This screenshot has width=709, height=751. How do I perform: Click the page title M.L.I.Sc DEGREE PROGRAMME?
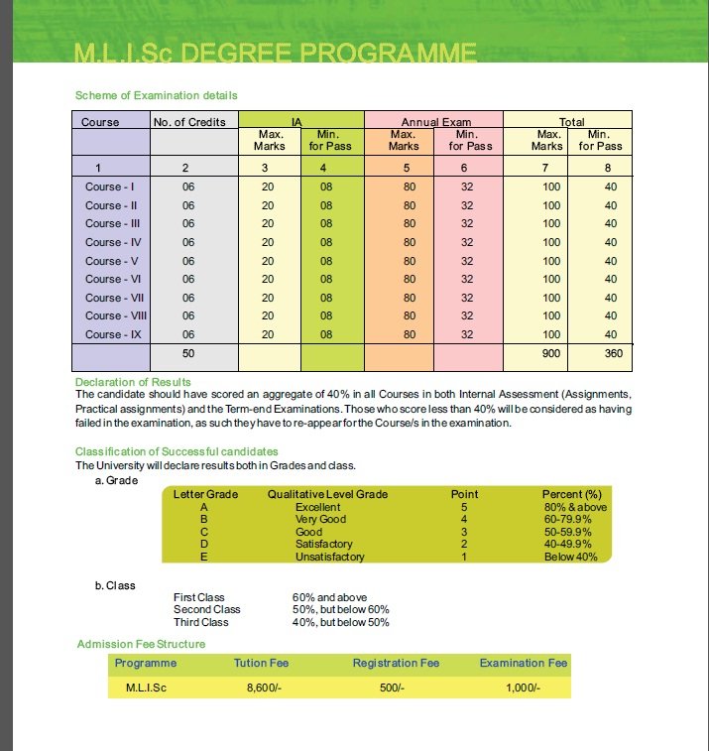click(x=275, y=53)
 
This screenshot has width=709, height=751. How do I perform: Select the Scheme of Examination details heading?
click(x=156, y=96)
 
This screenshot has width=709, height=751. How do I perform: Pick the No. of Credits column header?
click(x=189, y=122)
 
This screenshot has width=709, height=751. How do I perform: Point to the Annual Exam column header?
click(x=433, y=122)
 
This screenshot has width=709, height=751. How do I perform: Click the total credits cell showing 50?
click(x=188, y=353)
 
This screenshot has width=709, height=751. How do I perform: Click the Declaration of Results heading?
click(x=133, y=382)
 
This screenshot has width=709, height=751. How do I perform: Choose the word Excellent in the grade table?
click(x=317, y=507)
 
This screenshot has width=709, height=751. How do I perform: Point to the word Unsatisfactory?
click(x=329, y=557)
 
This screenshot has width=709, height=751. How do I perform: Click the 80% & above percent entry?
click(x=574, y=507)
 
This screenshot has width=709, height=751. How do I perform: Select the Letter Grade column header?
click(x=205, y=494)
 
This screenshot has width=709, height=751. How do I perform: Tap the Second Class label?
click(x=206, y=609)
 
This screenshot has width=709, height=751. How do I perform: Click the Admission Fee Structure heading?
click(x=141, y=645)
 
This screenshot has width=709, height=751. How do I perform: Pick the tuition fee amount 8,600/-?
click(x=265, y=688)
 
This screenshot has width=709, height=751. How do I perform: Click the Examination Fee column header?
click(x=523, y=663)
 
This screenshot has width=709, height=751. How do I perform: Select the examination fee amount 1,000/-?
click(x=523, y=688)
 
